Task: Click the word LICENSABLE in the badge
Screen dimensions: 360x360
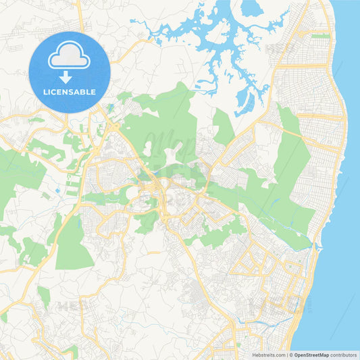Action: pyautogui.click(x=69, y=91)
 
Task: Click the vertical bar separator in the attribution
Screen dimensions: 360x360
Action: pyautogui.click(x=288, y=354)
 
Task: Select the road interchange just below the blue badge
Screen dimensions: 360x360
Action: pyautogui.click(x=108, y=125)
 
